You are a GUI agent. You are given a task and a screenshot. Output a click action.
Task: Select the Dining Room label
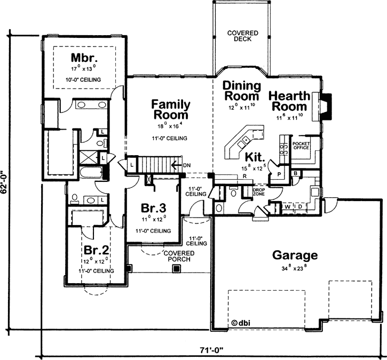pyautogui.click(x=241, y=91)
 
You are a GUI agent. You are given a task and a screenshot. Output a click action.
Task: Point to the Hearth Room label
pyautogui.click(x=289, y=101)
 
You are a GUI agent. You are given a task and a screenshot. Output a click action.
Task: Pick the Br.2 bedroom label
pyautogui.click(x=97, y=250)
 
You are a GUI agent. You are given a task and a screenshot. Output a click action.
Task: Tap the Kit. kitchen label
pyautogui.click(x=255, y=157)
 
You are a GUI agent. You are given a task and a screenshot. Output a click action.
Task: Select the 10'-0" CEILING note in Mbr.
pyautogui.click(x=82, y=80)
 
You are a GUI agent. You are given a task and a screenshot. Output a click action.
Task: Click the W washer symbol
pyautogui.click(x=287, y=206)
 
